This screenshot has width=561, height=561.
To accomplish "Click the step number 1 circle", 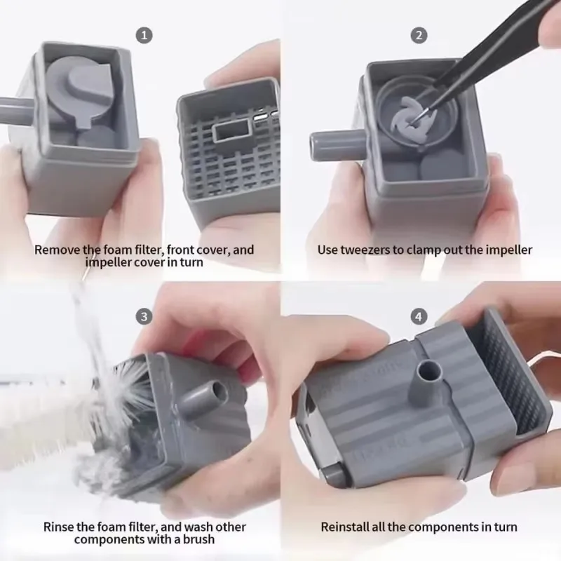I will point(144,35).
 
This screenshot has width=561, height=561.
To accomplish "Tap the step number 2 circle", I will point(419,35).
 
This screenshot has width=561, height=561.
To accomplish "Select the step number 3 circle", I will point(144,316).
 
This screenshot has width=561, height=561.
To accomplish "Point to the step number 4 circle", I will point(419,316).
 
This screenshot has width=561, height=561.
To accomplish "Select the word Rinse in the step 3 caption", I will point(58,527).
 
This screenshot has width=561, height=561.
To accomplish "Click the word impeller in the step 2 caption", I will point(508,250).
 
